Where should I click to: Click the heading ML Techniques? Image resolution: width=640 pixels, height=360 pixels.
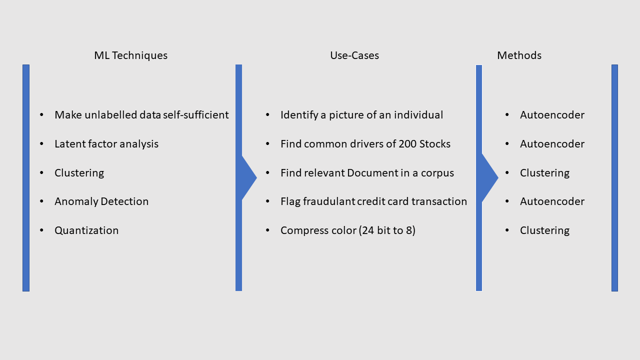[130, 55]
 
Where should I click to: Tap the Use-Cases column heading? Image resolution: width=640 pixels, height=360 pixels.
[354, 55]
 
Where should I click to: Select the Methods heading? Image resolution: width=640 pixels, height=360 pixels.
[519, 55]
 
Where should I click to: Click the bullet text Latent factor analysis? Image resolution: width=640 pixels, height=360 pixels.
[106, 144]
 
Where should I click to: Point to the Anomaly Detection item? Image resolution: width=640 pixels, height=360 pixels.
[101, 201]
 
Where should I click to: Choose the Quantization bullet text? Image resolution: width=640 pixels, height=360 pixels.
[86, 230]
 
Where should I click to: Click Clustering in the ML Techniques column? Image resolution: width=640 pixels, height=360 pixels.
[79, 173]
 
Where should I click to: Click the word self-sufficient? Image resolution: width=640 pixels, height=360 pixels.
[196, 115]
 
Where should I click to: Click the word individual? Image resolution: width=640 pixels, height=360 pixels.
[419, 115]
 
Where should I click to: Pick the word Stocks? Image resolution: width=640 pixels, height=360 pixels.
[435, 144]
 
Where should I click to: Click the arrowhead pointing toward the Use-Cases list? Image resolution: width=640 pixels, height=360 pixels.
[248, 177]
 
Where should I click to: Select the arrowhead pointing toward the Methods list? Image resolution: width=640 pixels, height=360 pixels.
[489, 177]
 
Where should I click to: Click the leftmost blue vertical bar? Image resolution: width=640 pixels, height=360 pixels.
[26, 177]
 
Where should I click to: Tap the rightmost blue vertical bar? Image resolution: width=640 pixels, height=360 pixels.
[614, 177]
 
